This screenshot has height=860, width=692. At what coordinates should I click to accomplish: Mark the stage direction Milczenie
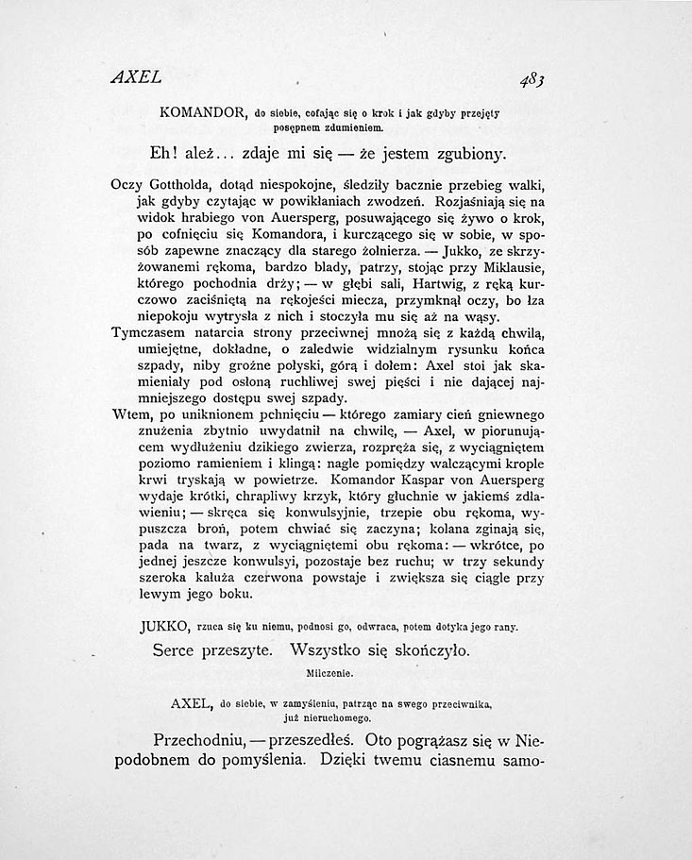click(x=329, y=676)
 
